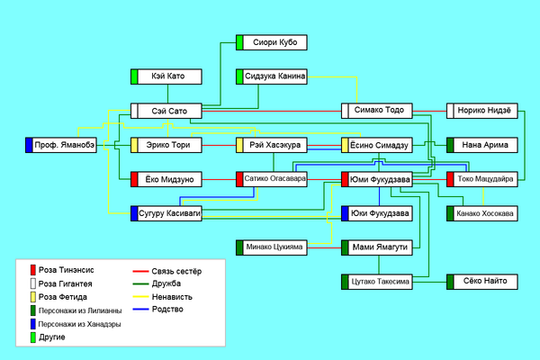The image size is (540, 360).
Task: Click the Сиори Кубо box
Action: (272, 42)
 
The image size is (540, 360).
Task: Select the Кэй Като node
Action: (166, 76)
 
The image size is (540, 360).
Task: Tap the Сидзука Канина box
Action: (272, 76)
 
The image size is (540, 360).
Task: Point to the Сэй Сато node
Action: (166, 111)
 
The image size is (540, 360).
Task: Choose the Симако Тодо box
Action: (377, 111)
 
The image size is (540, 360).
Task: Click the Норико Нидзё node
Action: (482, 111)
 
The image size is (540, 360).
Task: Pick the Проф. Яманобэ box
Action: (61, 145)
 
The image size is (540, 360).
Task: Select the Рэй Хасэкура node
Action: (272, 145)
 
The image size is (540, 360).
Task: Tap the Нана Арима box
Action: (482, 145)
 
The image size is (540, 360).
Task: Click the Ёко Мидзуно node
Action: (166, 179)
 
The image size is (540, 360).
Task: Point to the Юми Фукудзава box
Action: (377, 179)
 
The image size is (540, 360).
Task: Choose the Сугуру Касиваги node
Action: (166, 213)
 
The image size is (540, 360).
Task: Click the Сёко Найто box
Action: (482, 282)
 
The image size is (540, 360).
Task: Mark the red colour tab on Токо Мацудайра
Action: (450, 179)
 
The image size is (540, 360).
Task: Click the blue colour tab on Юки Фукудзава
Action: (345, 213)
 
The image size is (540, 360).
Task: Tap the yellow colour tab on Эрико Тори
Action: (134, 145)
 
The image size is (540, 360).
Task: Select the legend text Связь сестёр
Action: (176, 272)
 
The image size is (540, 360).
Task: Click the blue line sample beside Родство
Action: (140, 310)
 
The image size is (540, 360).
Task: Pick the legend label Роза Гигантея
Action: (65, 283)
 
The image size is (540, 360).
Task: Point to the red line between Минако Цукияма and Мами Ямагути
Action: (324, 247)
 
